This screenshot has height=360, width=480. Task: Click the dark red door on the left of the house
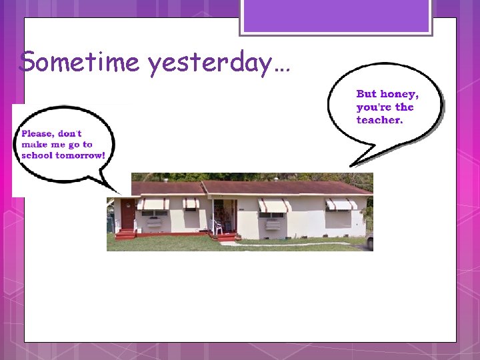pyautogui.click(x=127, y=214)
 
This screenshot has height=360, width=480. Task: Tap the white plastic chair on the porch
pyautogui.click(x=217, y=227)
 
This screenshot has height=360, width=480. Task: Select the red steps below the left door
pyautogui.click(x=125, y=234)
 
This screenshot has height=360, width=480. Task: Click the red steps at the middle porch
pyautogui.click(x=226, y=236)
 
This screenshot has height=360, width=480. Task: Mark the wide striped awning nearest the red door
pyautogui.click(x=153, y=203)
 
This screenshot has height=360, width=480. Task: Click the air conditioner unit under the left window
pyautogui.click(x=154, y=222)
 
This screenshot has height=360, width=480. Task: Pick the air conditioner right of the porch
pyautogui.click(x=273, y=224)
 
